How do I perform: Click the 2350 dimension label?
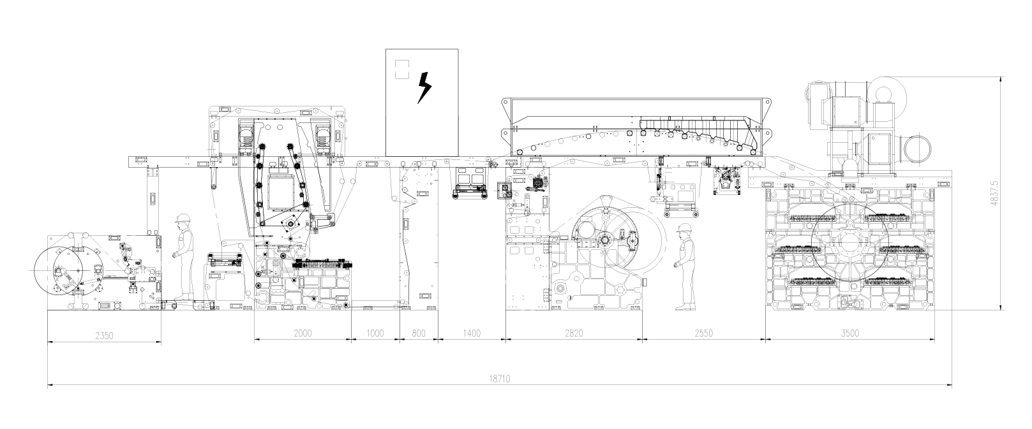tap(104, 336)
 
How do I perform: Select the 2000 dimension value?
tap(303, 333)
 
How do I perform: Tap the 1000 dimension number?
tap(375, 333)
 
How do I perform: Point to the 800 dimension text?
tap(419, 333)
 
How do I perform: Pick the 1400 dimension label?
tap(472, 333)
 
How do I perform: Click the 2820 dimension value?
tap(574, 333)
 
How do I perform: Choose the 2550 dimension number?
tap(704, 333)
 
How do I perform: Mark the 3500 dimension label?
tap(850, 333)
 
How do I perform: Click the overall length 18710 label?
tap(500, 379)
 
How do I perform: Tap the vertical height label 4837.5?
tap(995, 193)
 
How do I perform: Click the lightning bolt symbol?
tap(424, 87)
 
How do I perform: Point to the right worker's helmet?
tap(685, 228)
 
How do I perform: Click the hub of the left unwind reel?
tap(61, 271)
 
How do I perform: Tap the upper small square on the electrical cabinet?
tap(401, 64)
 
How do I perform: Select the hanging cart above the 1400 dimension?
tap(470, 184)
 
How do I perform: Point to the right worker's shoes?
tap(685, 307)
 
